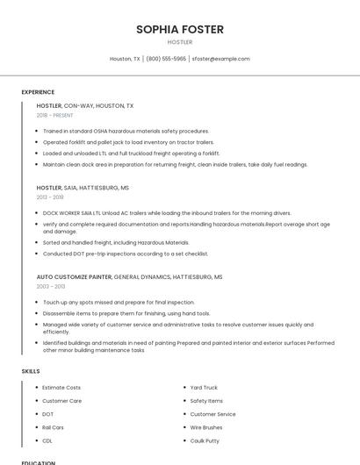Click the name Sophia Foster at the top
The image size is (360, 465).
pos(179,29)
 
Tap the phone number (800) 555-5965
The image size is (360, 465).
pos(166,59)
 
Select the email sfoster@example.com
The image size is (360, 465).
pos(220,59)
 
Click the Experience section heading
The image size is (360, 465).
pos(38,92)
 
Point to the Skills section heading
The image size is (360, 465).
pos(31,371)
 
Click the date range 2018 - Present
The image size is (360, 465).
pos(54,115)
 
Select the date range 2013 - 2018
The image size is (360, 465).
pos(50,197)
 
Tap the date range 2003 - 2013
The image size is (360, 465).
pos(51,286)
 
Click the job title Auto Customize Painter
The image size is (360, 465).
pos(75,276)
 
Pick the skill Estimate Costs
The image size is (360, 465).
pos(61,387)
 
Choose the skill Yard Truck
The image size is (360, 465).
pos(204,387)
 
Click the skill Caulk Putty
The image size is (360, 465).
pos(205,440)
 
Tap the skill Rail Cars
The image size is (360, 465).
pos(53,427)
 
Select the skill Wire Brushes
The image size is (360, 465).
pos(207,427)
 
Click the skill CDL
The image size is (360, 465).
pos(47,440)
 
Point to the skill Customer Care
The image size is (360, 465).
pos(61,400)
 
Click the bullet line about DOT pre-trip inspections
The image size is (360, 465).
pos(126,254)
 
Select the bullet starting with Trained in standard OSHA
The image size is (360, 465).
pos(126,131)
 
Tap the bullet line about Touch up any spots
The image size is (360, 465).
pos(119,302)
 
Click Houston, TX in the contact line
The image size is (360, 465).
pos(125,59)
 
